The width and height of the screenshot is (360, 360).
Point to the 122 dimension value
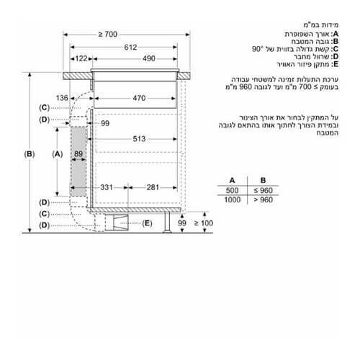[80, 58]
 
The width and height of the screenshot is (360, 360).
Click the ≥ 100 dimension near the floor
[205, 224]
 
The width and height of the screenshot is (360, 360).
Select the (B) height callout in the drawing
[30, 154]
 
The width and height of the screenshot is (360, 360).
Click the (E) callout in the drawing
[147, 224]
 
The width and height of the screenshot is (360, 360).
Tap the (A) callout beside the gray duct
[58, 154]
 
